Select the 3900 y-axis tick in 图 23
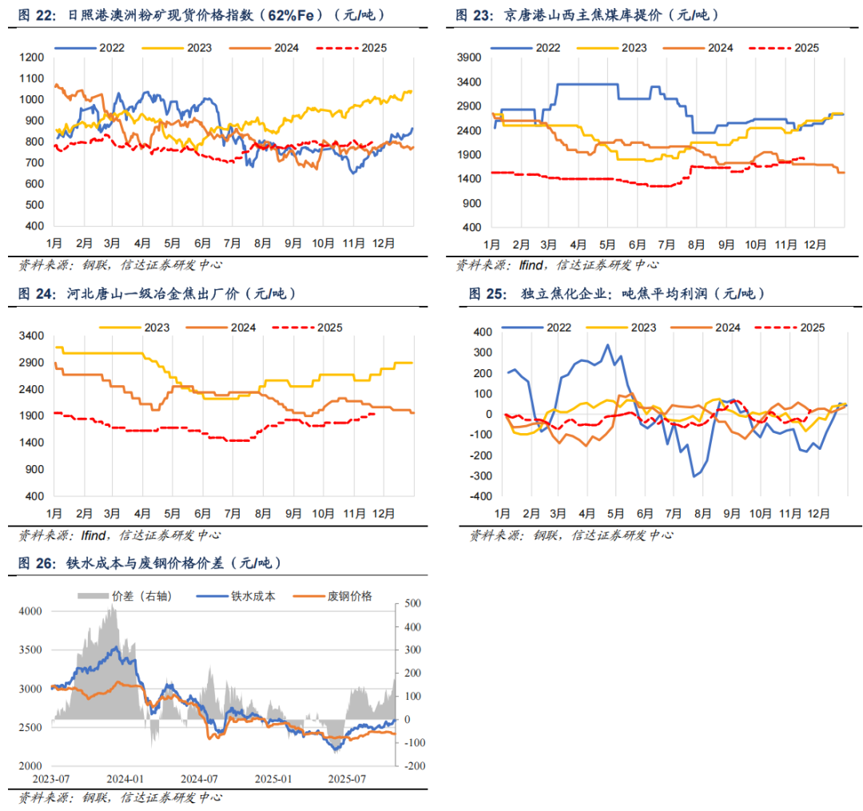point(468,58)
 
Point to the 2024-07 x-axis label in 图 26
point(200,778)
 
